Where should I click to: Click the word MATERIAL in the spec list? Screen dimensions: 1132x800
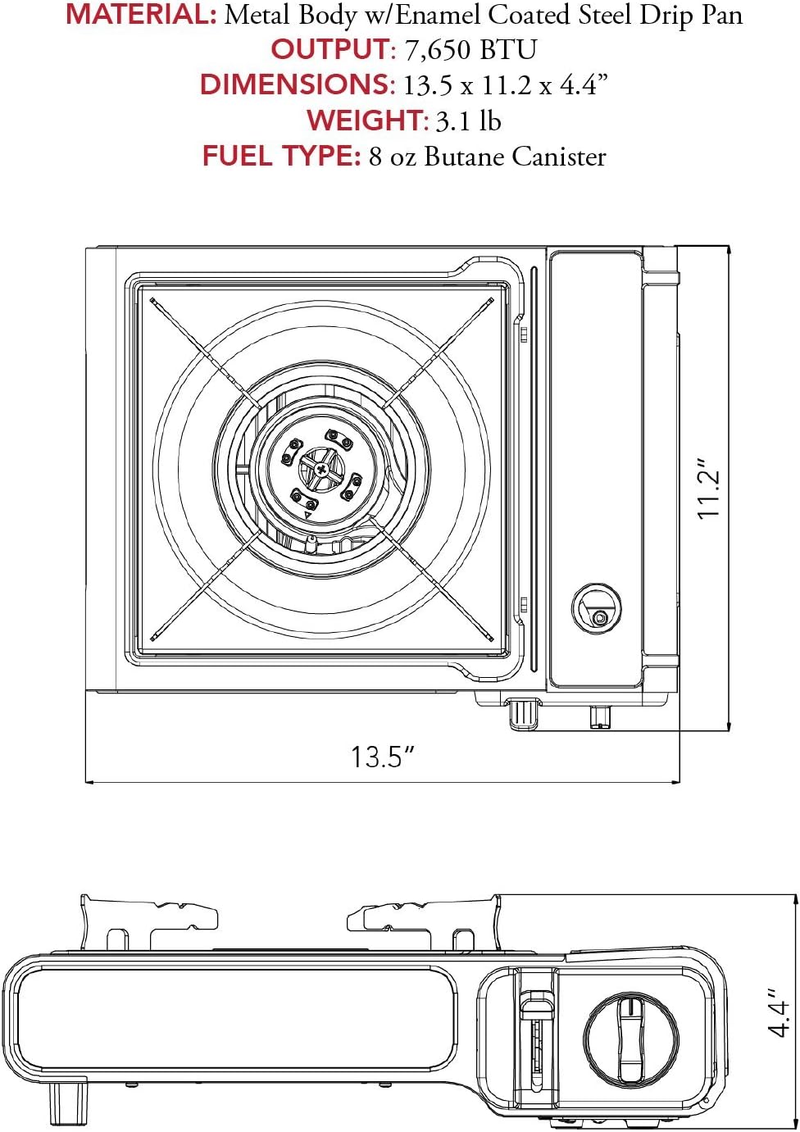(140, 15)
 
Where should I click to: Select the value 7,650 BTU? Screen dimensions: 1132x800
(470, 50)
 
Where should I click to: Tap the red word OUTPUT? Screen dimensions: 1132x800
(331, 50)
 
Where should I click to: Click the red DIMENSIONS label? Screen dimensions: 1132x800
(297, 85)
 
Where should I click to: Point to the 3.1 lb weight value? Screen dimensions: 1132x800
(468, 121)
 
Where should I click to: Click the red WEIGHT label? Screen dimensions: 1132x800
(366, 121)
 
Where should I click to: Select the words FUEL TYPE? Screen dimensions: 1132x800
(281, 157)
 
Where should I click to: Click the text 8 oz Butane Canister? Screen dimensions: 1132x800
(487, 157)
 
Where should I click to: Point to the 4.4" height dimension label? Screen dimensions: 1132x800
(779, 1017)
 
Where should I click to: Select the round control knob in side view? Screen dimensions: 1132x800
(630, 1039)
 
